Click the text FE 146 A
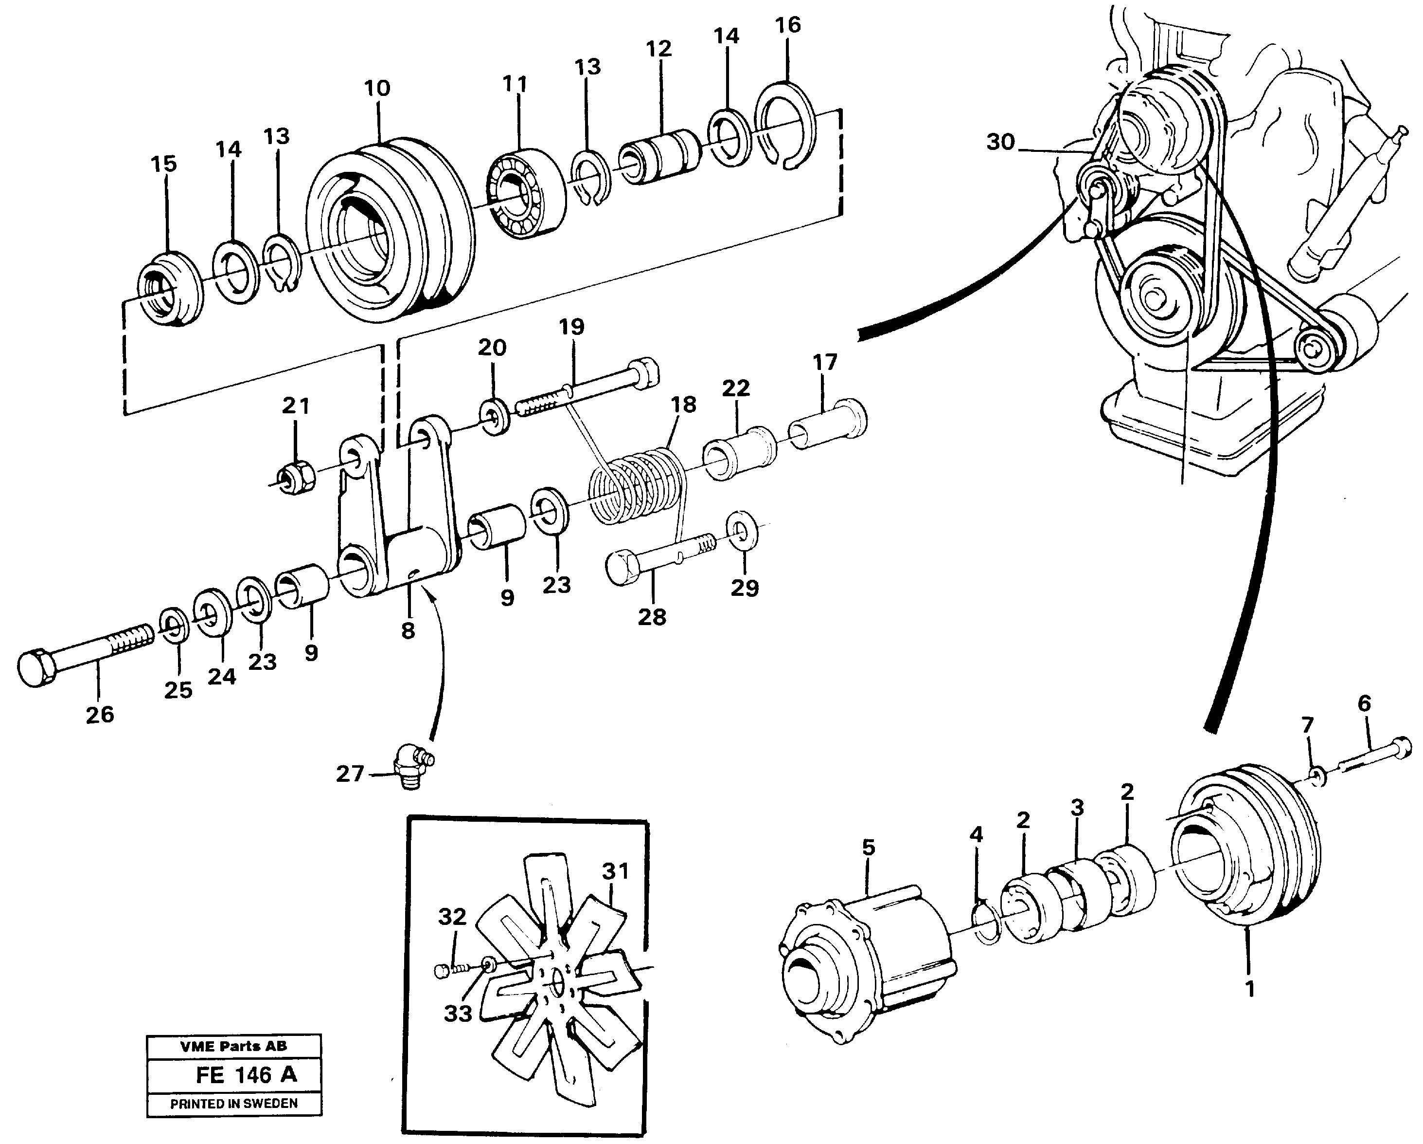click(x=246, y=1075)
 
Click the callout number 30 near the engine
click(x=1000, y=142)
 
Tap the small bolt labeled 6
click(x=1376, y=757)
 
